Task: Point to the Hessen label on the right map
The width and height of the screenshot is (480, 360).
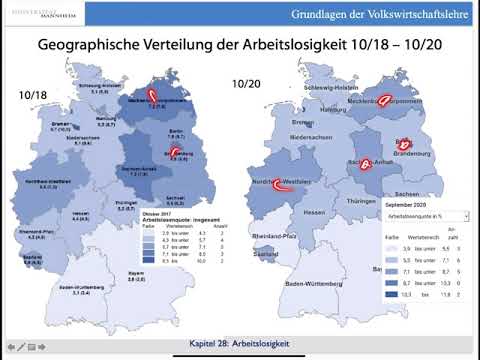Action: pyautogui.click(x=317, y=212)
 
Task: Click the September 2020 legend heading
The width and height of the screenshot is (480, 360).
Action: pyautogui.click(x=412, y=202)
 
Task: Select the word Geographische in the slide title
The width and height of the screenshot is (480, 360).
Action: pyautogui.click(x=92, y=46)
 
